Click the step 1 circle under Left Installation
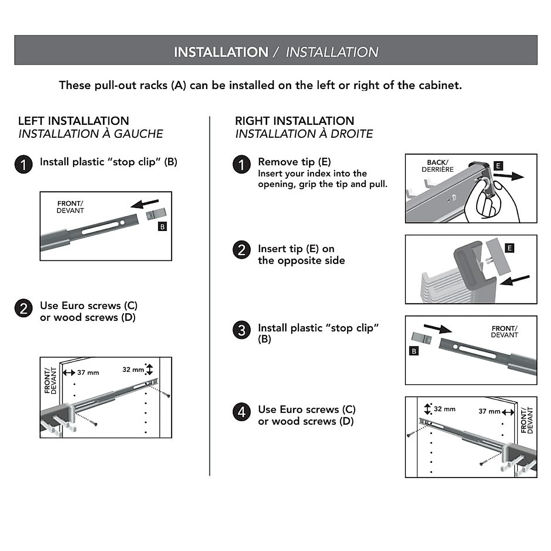(23, 164)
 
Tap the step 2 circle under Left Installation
(23, 309)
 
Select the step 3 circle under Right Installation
(242, 330)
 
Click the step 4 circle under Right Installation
(242, 412)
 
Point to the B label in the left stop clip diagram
(162, 227)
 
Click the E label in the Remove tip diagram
(498, 166)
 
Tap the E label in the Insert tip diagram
(509, 248)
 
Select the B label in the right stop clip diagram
(414, 351)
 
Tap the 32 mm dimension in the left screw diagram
(133, 369)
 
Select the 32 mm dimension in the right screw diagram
(444, 409)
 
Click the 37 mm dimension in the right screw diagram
(489, 411)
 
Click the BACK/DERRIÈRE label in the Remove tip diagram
(438, 166)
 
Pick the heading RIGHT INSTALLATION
(294, 121)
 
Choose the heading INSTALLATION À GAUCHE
(90, 134)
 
